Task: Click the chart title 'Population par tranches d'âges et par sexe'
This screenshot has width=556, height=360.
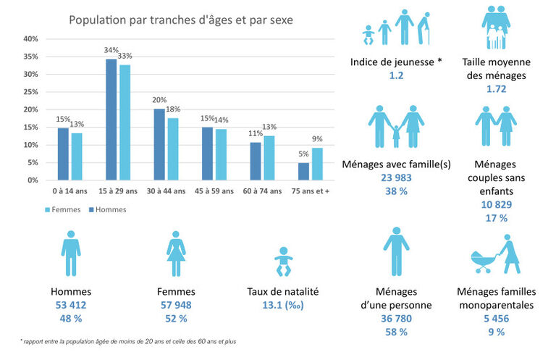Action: click(x=181, y=20)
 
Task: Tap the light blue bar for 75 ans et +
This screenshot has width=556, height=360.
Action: click(x=317, y=164)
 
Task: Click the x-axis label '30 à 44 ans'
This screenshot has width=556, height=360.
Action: click(x=165, y=191)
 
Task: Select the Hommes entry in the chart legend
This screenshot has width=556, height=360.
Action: click(x=106, y=209)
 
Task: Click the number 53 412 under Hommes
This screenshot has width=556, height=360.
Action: click(x=71, y=306)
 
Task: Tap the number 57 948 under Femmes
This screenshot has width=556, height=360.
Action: click(x=177, y=306)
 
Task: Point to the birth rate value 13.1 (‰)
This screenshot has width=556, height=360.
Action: click(x=282, y=306)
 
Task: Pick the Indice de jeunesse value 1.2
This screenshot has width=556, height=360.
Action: click(x=396, y=75)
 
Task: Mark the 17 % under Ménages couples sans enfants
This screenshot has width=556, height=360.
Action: click(x=497, y=217)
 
